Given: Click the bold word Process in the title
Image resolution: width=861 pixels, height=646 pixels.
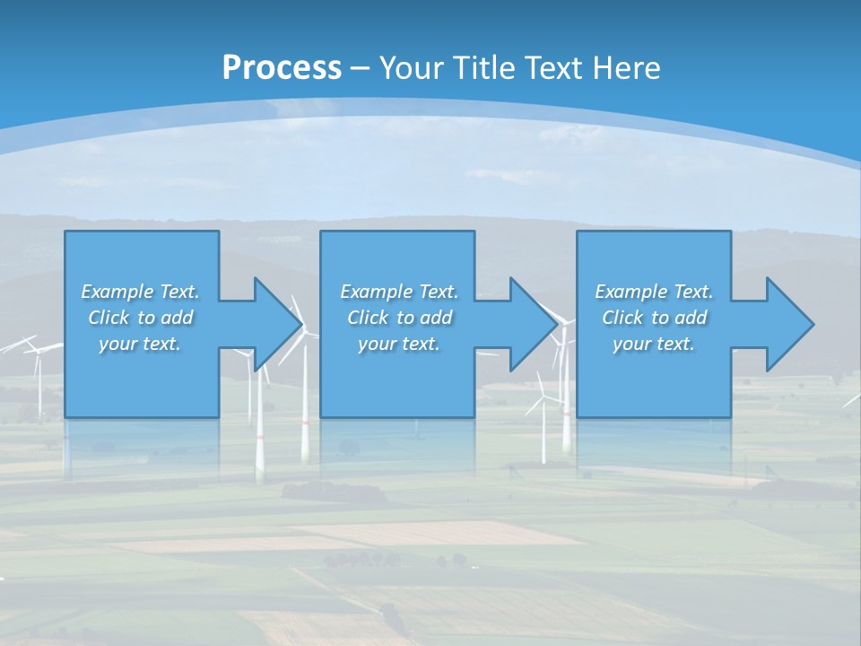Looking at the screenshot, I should click(282, 68).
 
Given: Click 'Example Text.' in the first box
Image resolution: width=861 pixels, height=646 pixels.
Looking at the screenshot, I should click(140, 292).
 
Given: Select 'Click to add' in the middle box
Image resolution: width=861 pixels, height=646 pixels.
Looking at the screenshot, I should click(399, 318).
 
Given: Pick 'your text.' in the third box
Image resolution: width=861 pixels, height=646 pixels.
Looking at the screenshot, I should click(654, 344).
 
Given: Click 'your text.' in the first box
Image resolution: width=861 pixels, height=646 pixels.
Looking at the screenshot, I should click(140, 344).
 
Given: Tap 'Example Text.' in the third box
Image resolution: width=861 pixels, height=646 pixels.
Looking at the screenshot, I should click(654, 292).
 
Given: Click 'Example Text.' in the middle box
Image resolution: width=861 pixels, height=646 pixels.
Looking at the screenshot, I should click(399, 292).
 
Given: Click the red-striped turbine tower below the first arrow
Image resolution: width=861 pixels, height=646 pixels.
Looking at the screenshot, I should click(305, 422).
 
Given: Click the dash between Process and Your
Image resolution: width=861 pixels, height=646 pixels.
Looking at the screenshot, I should click(361, 68).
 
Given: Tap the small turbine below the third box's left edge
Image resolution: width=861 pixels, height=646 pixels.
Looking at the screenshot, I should click(543, 422).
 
